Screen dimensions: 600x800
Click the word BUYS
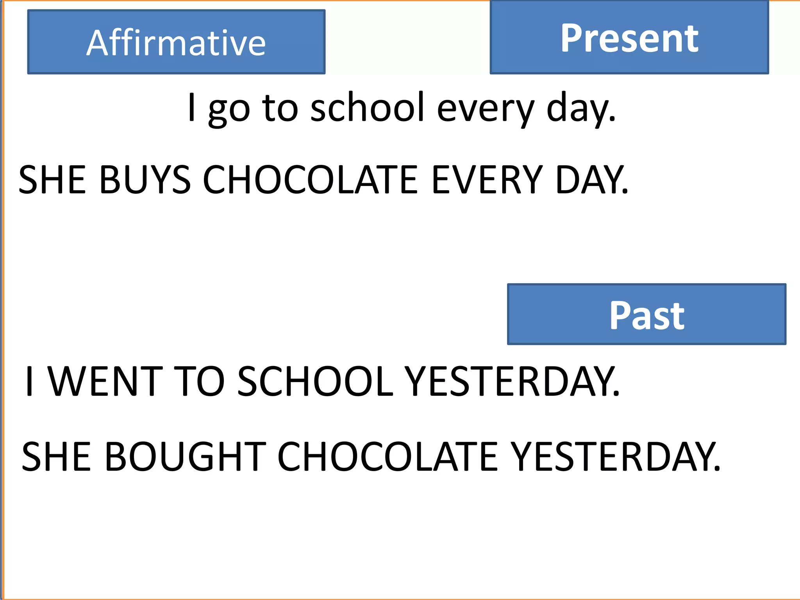[145, 180]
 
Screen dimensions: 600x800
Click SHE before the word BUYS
[52, 180]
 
